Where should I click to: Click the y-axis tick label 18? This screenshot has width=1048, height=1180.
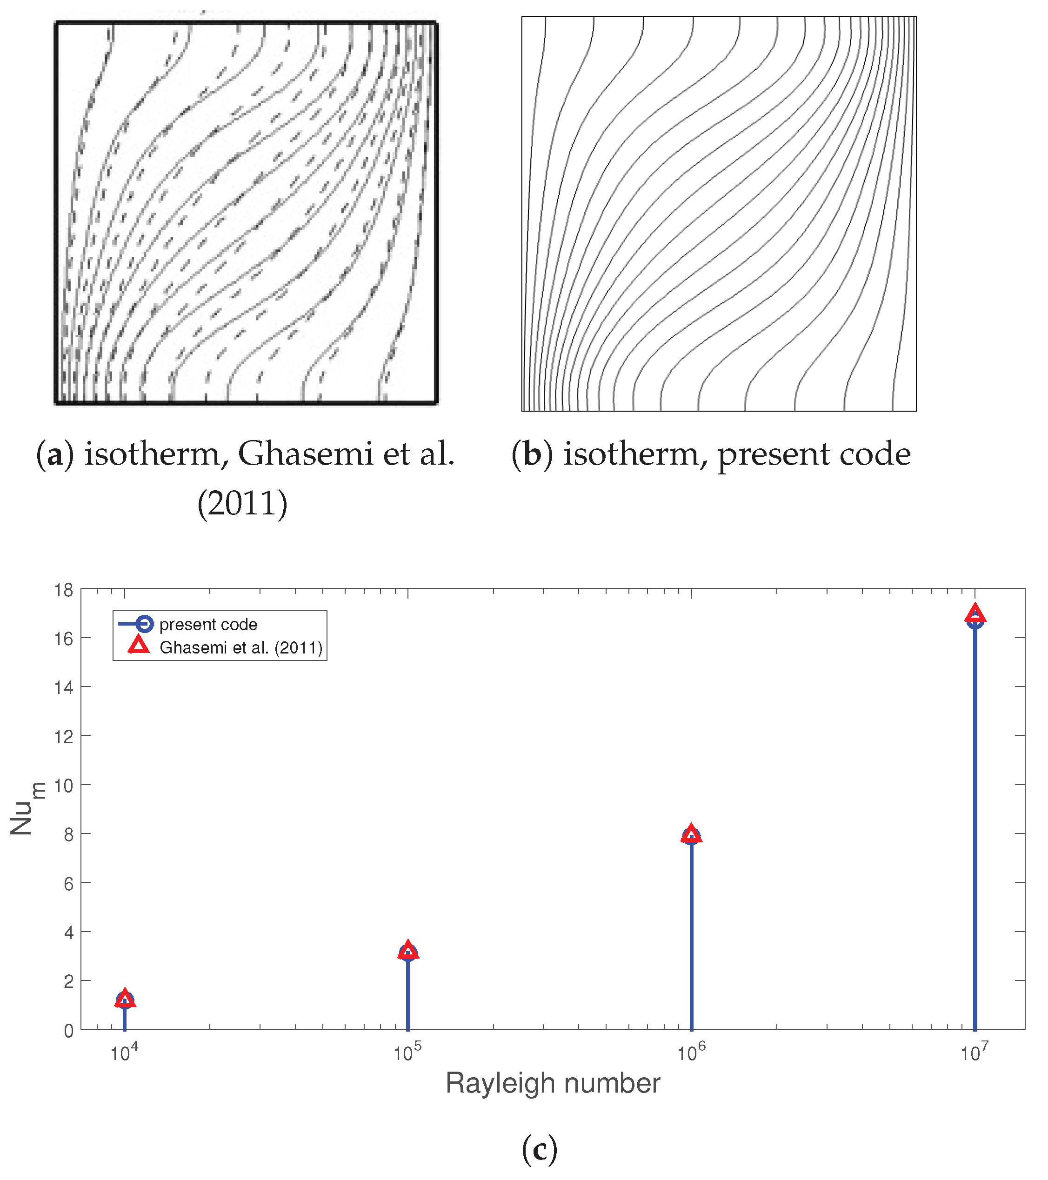64,590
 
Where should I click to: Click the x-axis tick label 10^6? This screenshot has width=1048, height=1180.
691,1053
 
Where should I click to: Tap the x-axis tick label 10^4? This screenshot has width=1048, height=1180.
124,1053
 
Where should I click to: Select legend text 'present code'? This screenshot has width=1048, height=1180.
208,625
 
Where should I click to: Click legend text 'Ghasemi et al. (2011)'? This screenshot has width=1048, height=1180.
241,648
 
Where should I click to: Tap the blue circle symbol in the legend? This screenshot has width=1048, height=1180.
144,624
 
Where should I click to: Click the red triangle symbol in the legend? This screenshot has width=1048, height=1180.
139,646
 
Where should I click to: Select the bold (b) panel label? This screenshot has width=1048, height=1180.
532,454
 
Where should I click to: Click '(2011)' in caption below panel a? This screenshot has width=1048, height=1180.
242,503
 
